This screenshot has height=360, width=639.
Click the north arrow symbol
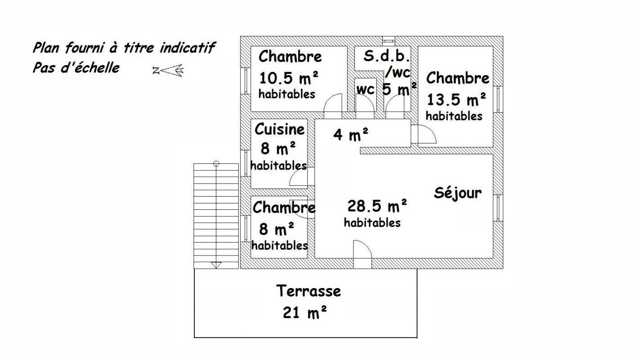pos(168,70)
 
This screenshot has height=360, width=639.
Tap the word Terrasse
pos(308,291)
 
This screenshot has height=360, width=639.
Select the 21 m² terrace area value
pos(304,312)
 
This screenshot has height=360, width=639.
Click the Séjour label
pos(458,193)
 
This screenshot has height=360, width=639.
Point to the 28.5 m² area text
pos(377,206)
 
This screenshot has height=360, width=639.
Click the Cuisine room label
pos(280,129)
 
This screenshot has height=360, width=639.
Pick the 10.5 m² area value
pos(288,78)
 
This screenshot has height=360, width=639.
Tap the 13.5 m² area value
pos(456,99)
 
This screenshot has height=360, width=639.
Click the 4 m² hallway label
pos(351,134)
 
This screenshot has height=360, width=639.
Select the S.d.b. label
pos(387,56)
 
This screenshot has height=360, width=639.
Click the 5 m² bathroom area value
pos(399,89)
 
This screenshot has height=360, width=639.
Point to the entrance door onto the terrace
pos(362,254)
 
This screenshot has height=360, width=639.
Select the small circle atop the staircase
pos(216,164)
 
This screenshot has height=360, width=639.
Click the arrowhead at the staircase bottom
pos(216,265)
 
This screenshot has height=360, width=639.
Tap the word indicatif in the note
pos(187,47)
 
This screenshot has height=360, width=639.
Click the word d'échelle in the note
pos(90,68)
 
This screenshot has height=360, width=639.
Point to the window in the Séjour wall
pos(498,208)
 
